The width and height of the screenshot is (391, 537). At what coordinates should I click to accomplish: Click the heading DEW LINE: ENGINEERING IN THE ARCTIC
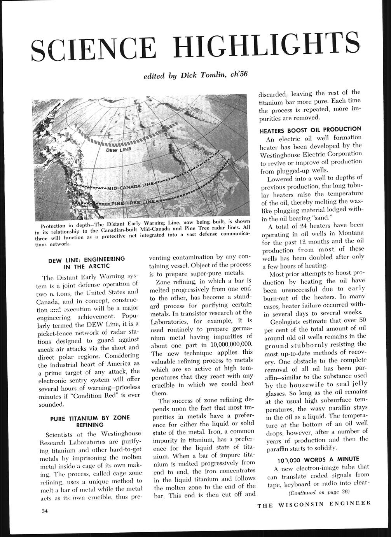tap(87, 262)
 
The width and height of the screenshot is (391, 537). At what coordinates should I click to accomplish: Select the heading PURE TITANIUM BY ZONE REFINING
tap(89, 422)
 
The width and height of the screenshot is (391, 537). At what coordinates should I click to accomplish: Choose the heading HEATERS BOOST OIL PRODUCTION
tap(311, 129)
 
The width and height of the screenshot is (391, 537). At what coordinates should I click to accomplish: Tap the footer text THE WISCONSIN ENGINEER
tap(314, 505)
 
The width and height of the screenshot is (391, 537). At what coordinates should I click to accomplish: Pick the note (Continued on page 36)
tap(319, 492)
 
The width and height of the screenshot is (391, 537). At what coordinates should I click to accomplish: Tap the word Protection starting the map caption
tap(55, 226)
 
